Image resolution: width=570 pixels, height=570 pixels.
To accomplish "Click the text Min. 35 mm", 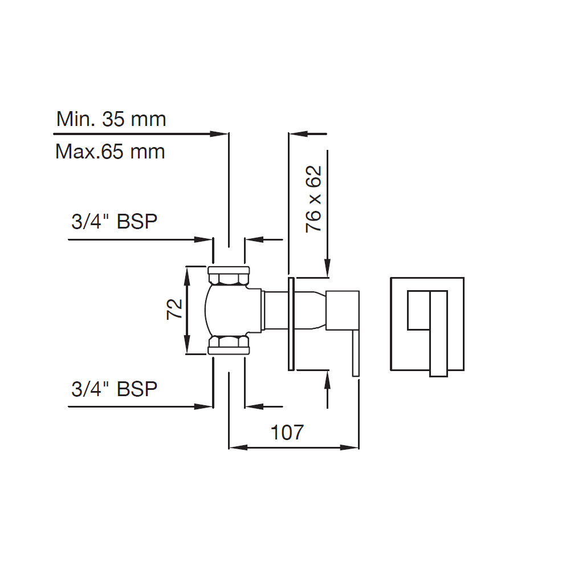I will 111,119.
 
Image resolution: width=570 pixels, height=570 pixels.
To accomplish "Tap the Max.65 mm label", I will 110,152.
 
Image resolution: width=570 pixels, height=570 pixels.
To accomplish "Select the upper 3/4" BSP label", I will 114,222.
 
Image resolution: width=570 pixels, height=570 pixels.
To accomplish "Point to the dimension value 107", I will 287,433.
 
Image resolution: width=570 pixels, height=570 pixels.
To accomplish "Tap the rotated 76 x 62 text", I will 313,198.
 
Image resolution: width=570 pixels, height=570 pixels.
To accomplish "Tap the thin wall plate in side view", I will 291,324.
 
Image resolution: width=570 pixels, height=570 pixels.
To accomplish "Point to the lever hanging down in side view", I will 355,353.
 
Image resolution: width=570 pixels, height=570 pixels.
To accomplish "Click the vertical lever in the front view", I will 438,333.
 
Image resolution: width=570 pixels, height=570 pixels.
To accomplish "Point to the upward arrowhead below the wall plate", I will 327,378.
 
